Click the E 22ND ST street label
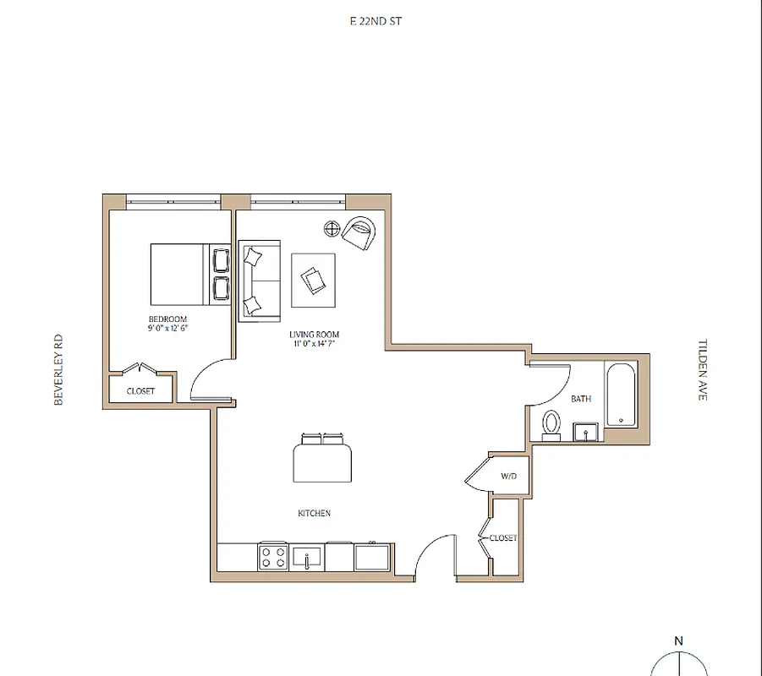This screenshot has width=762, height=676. [x=376, y=21]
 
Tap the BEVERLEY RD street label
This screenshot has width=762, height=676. [x=58, y=370]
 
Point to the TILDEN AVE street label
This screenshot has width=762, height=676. [x=702, y=370]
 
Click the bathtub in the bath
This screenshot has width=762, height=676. [x=620, y=394]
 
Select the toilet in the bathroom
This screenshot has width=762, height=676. [x=552, y=422]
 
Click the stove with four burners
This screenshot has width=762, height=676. [x=273, y=557]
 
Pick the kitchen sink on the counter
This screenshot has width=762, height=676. [x=306, y=558]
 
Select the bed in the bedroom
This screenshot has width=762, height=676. [x=178, y=275]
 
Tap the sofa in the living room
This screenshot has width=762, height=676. [x=260, y=281]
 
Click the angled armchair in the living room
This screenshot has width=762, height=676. [x=359, y=232]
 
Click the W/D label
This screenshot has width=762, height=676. [x=508, y=477]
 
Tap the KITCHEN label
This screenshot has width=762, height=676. [x=314, y=513]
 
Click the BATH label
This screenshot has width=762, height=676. [x=581, y=399]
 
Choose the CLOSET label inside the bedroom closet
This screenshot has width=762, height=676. [x=140, y=391]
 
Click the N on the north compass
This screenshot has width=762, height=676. [x=678, y=641]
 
